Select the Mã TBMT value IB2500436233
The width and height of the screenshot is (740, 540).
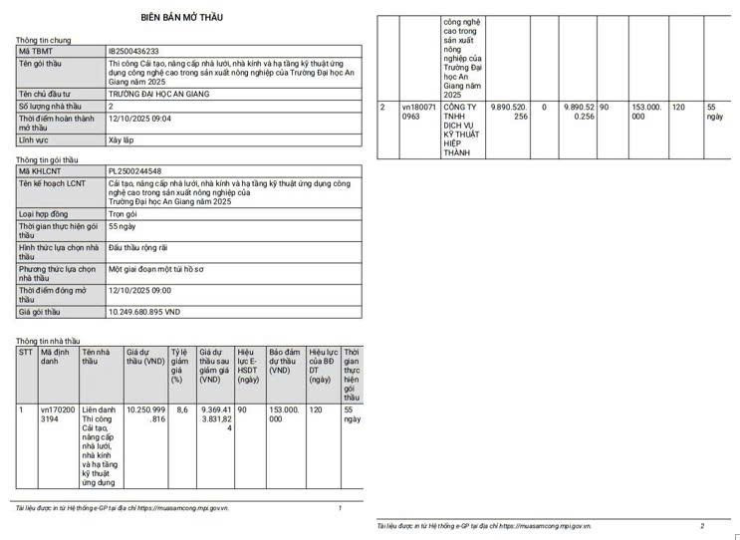click(133, 51)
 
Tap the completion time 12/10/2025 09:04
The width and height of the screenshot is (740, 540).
click(139, 118)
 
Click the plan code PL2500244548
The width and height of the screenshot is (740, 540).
click(134, 171)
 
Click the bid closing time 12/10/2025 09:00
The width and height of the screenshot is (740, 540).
click(139, 290)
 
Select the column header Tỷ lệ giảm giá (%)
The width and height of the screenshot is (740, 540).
click(179, 365)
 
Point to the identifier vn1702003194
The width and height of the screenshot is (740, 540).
click(57, 414)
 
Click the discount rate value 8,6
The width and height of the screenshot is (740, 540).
click(181, 409)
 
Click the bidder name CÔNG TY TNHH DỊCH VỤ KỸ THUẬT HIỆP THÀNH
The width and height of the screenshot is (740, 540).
click(459, 129)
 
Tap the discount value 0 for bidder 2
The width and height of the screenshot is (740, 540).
click(544, 106)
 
